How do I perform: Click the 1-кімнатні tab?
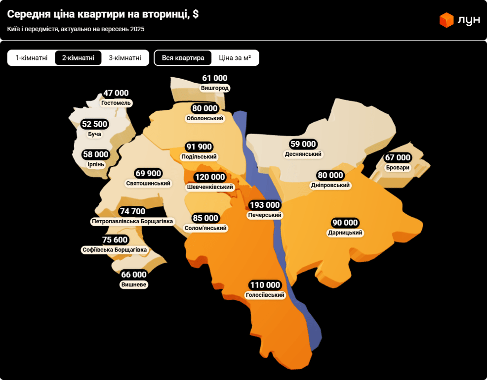click(x=32, y=58)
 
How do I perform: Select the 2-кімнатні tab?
click(x=78, y=58)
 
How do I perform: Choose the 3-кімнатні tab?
click(x=125, y=58)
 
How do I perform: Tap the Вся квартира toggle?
click(x=183, y=58)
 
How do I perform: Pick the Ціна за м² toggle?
click(x=235, y=58)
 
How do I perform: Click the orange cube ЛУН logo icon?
click(x=446, y=20)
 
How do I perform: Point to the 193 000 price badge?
click(x=265, y=205)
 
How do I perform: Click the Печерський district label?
click(x=265, y=215)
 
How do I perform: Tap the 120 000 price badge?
click(x=209, y=177)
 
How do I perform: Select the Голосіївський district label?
click(x=265, y=295)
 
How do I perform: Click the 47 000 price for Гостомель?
click(x=116, y=93)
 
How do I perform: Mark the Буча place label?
click(x=94, y=134)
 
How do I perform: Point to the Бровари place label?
click(x=398, y=168)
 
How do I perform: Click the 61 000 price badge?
click(x=215, y=78)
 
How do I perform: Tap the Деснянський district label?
click(x=303, y=154)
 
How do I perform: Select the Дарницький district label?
click(x=345, y=233)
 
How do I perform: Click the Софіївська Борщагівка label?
click(x=115, y=250)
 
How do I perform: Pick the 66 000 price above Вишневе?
click(x=134, y=275)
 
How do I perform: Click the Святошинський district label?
click(x=148, y=183)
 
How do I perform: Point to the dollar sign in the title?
click(x=196, y=14)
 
